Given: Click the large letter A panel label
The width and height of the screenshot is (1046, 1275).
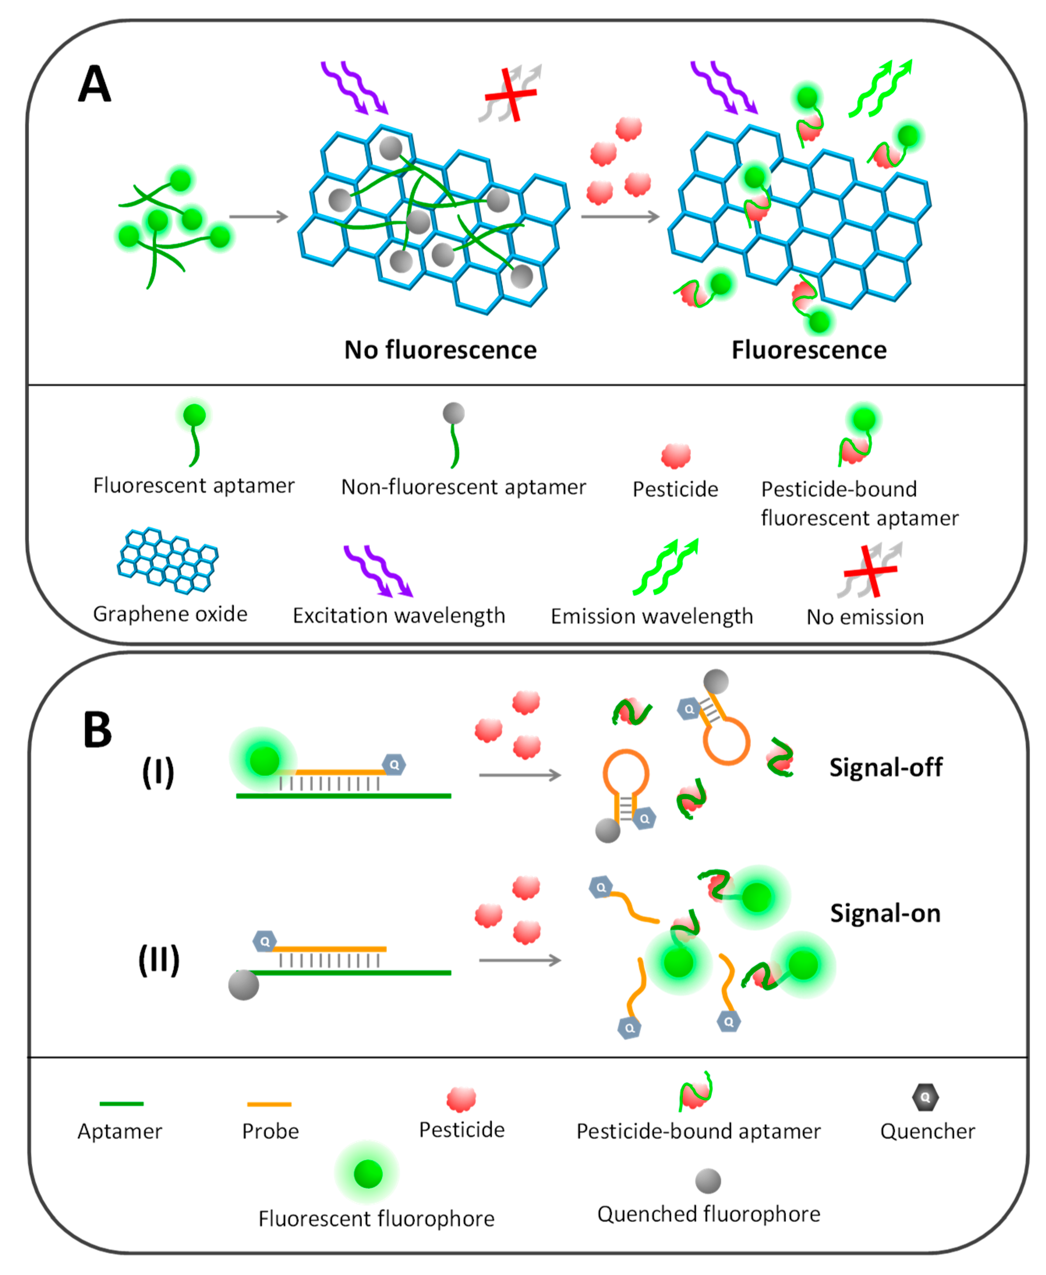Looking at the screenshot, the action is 95,84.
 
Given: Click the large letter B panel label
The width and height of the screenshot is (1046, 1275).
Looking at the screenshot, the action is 97,729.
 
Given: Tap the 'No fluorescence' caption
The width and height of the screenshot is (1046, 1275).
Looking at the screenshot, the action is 440,350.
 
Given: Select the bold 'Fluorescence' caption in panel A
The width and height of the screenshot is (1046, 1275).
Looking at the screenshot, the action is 809,350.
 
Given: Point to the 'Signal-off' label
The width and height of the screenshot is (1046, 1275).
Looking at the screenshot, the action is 886,767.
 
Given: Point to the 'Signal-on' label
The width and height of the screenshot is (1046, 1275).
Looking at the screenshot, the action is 885,913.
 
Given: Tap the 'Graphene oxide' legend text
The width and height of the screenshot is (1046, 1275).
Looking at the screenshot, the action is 170,614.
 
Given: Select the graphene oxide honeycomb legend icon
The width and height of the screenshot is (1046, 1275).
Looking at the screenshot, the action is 168,561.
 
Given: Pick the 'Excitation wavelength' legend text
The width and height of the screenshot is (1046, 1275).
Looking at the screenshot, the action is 399,615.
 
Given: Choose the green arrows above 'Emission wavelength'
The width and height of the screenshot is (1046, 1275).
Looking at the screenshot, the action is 665,567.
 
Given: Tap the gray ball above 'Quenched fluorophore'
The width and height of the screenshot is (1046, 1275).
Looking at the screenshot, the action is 708,1181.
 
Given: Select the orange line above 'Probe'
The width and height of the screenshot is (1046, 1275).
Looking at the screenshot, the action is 269,1104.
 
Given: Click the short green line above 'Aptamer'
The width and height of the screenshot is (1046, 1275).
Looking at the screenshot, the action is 121,1104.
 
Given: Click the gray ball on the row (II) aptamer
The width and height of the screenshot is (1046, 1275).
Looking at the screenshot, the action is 244,985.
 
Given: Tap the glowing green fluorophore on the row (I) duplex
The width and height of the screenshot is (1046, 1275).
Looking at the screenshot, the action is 264,761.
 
